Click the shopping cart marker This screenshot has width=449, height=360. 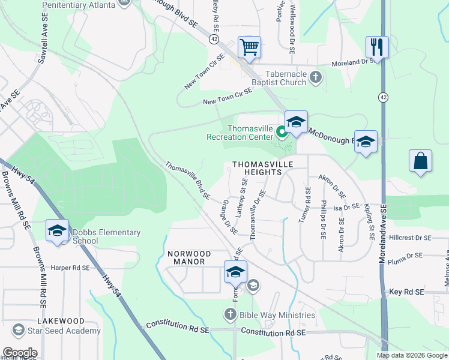249,47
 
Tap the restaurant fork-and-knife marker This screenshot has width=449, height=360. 377,47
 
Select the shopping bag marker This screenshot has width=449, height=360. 420,161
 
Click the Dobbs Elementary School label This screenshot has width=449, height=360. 106,237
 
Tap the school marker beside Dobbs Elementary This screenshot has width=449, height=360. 58,231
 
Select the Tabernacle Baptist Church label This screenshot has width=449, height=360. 277,78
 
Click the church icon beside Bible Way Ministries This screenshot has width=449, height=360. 230,314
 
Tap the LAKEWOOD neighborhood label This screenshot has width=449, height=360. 60,322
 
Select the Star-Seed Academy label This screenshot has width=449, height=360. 58,331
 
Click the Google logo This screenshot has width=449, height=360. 19,353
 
